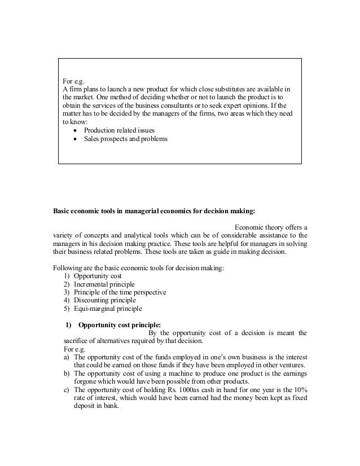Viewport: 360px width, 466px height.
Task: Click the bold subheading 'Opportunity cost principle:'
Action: point(120,325)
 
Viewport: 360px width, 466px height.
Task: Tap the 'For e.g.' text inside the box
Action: point(73,81)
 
